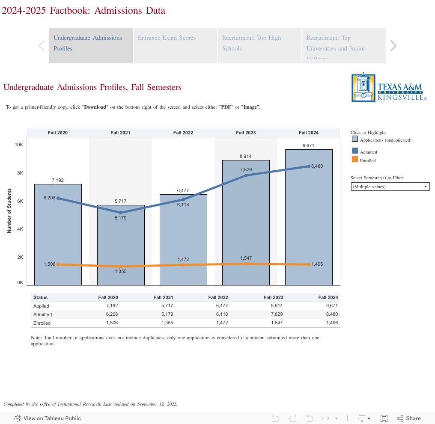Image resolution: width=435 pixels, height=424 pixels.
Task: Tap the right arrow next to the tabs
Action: pyautogui.click(x=393, y=45)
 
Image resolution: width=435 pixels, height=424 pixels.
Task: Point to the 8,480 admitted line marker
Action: pyautogui.click(x=309, y=166)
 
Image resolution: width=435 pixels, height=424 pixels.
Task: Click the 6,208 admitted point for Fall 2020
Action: pyautogui.click(x=58, y=198)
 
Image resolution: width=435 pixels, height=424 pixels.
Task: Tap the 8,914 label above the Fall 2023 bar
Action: pyautogui.click(x=246, y=157)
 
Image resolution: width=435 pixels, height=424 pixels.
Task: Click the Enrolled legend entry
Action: pyautogui.click(x=367, y=160)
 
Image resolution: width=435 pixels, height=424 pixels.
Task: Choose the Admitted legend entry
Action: pyautogui.click(x=368, y=152)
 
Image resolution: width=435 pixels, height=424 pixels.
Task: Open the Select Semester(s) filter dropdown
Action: pyautogui.click(x=390, y=187)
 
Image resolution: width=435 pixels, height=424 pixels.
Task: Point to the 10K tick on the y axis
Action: pyautogui.click(x=19, y=145)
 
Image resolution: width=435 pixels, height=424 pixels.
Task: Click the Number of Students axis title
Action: pyautogui.click(x=9, y=211)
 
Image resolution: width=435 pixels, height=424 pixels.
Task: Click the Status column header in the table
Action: pyautogui.click(x=41, y=297)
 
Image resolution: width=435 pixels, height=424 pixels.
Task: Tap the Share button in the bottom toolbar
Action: pyautogui.click(x=409, y=418)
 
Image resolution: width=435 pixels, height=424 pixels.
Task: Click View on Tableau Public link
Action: pyautogui.click(x=48, y=418)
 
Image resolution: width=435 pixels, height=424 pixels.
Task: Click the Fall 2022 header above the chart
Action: pyautogui.click(x=183, y=133)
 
